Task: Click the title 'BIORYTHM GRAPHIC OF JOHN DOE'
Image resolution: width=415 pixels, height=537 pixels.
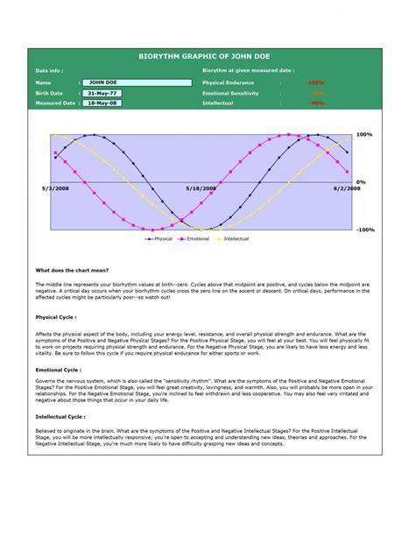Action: click(207, 54)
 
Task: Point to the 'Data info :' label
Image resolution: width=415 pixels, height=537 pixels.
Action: click(49, 70)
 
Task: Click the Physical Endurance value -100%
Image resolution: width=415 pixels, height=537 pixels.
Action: click(315, 82)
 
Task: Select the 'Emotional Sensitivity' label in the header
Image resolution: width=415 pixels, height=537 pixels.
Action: click(233, 93)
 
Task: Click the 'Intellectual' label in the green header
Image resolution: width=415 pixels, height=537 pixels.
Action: click(218, 103)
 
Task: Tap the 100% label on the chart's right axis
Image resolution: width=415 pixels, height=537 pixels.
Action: click(365, 135)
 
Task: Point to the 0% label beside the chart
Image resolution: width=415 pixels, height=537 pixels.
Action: click(362, 182)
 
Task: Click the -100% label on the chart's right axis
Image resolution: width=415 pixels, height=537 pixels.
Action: click(365, 230)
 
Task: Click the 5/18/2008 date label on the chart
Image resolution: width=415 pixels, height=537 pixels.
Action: click(200, 187)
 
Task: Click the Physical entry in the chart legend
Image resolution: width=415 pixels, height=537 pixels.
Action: click(159, 238)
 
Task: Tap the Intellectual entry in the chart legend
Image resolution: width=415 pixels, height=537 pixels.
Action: click(233, 238)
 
